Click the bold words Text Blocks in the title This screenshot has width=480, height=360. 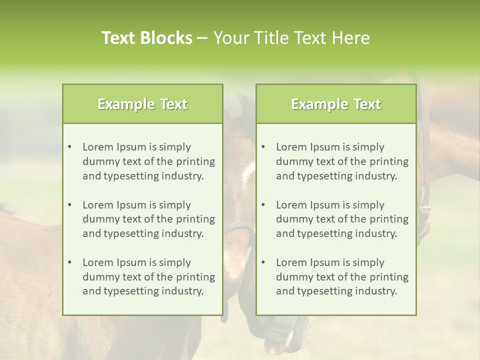[146, 38]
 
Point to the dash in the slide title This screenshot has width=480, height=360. [202, 38]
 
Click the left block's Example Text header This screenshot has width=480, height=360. [142, 104]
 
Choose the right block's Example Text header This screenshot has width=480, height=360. [336, 104]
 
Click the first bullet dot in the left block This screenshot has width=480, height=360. [69, 147]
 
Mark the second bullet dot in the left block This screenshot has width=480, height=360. [69, 205]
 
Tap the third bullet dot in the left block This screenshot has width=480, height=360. [69, 262]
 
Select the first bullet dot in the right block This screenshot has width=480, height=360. [263, 147]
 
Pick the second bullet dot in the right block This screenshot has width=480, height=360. [263, 205]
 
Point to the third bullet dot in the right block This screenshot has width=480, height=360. [263, 262]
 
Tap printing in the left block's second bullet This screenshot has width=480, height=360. [194, 219]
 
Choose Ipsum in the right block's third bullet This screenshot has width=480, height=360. [325, 262]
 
